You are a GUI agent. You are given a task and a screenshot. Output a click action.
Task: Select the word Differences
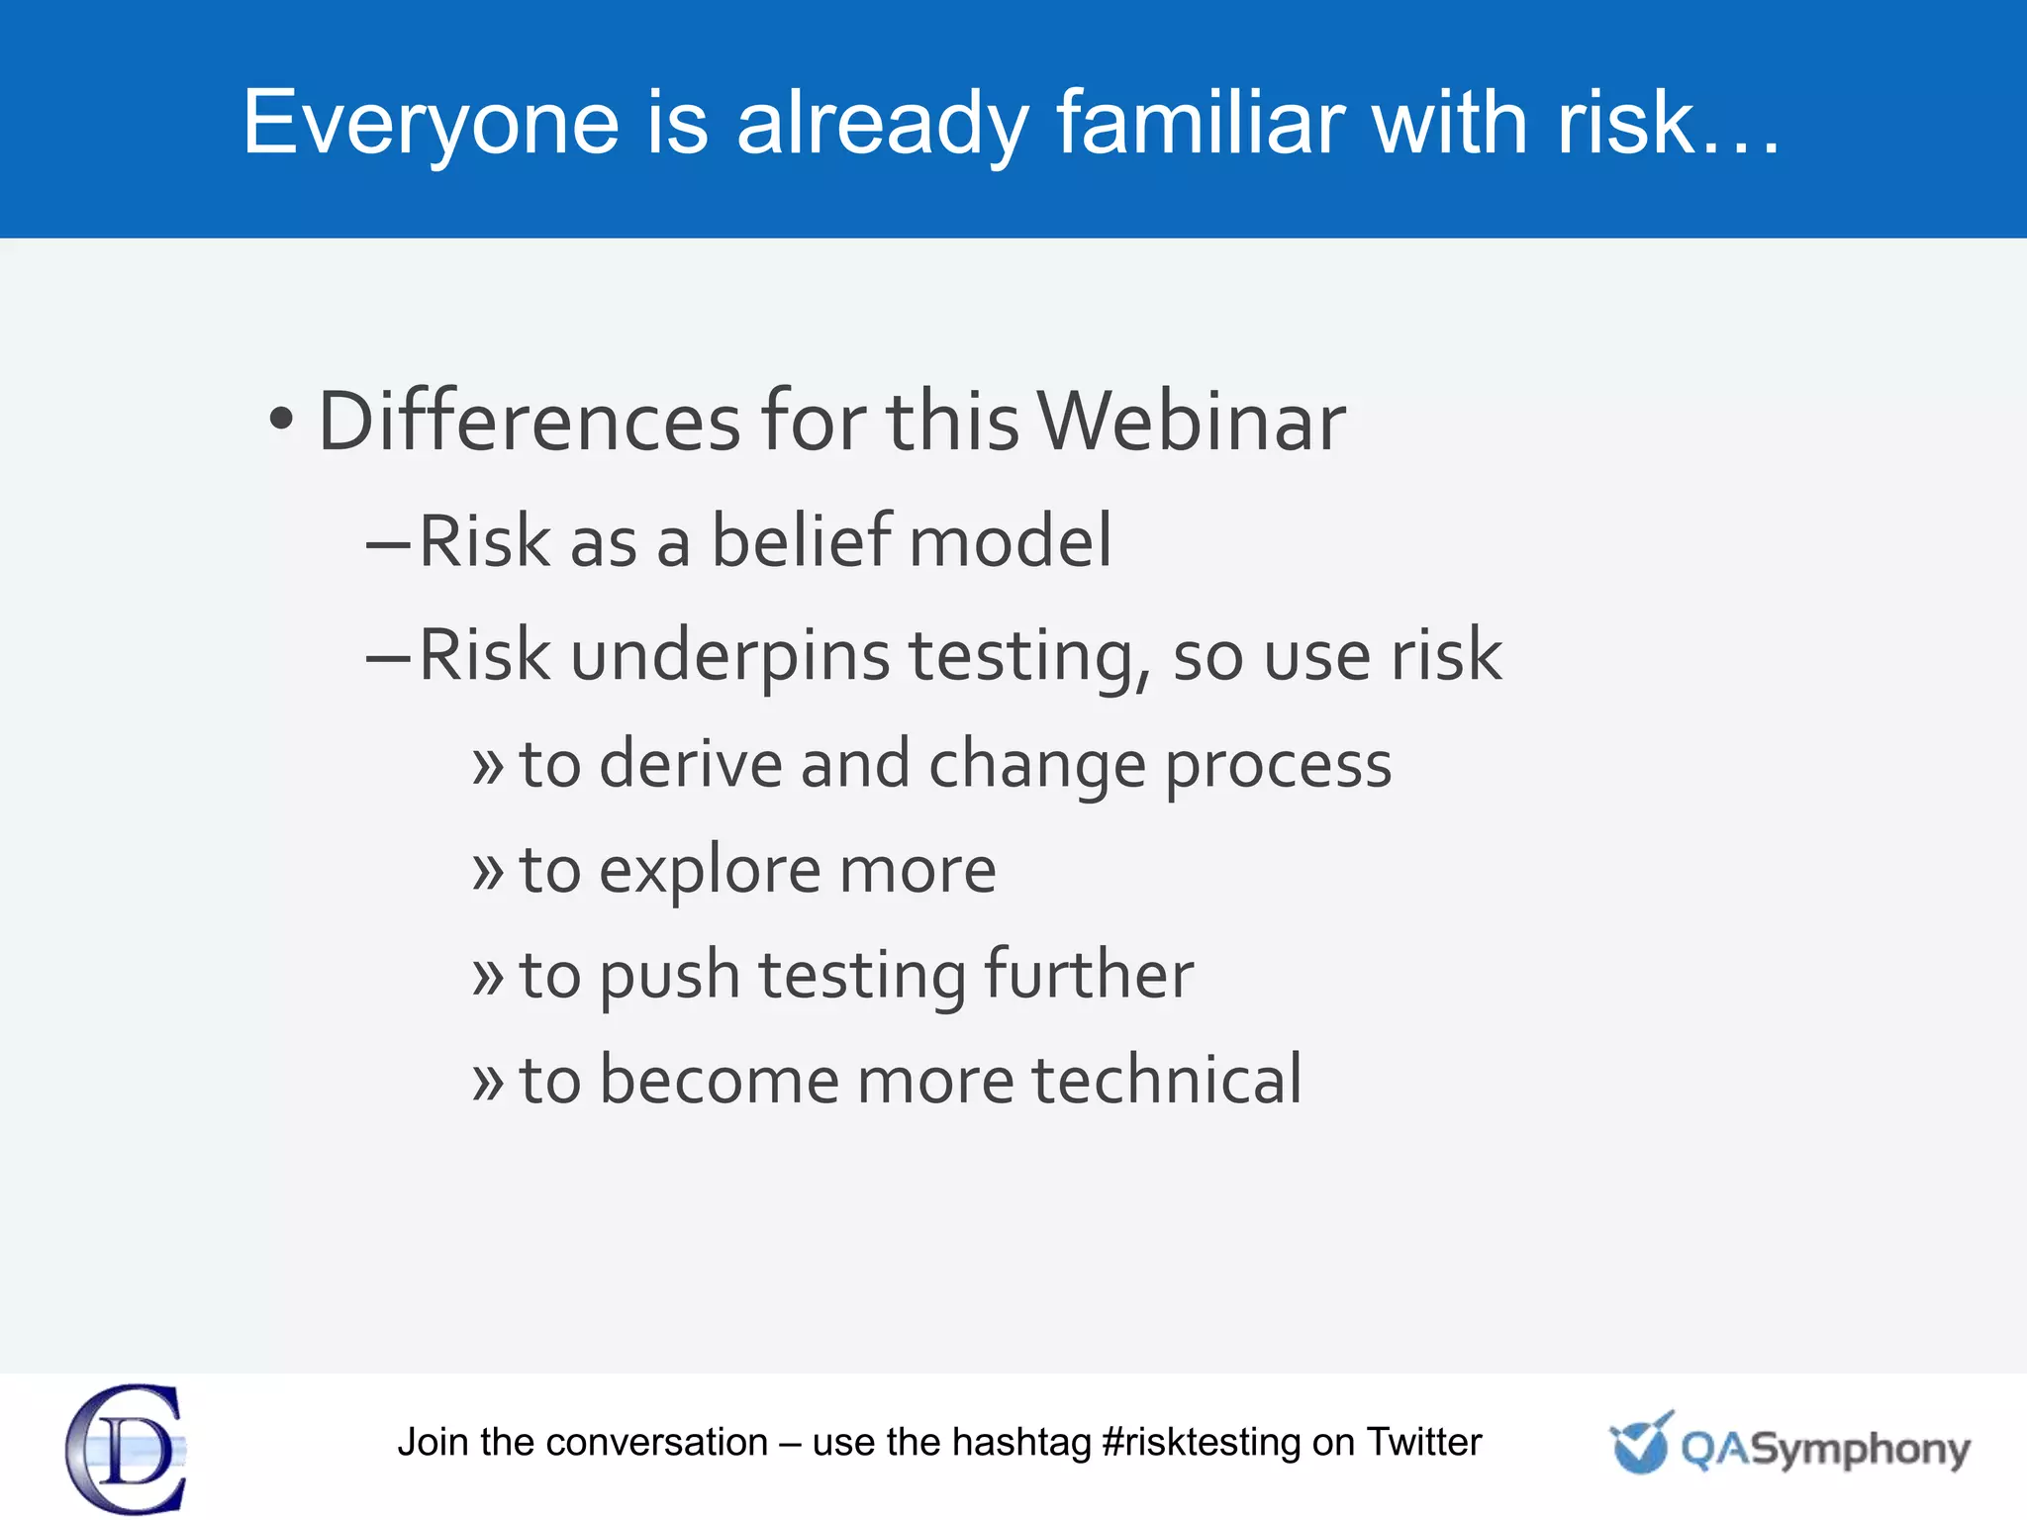529,422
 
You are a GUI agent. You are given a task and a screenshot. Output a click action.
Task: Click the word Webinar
1192,422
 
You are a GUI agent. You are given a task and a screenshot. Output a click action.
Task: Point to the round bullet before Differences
282,420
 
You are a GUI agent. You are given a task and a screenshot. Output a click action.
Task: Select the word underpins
730,656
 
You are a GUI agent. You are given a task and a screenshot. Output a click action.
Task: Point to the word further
1089,975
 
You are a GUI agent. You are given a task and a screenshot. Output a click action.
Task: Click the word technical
1168,1080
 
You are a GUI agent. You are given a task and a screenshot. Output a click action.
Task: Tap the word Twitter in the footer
1424,1443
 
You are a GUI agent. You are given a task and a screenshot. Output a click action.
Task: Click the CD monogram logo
126,1449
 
